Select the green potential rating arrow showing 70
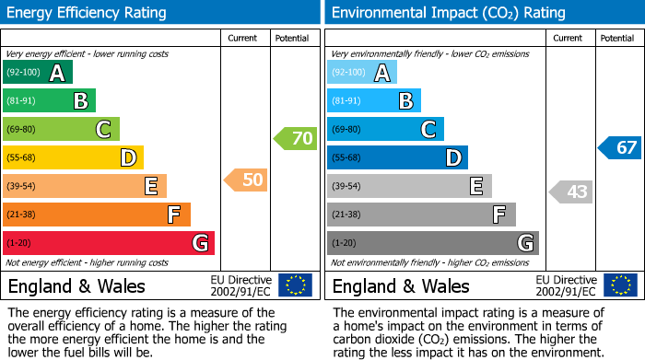(x=296, y=139)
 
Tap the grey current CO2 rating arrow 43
(x=571, y=192)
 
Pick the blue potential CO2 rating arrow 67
(x=620, y=147)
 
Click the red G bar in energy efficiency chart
(x=109, y=243)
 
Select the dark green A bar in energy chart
(x=37, y=73)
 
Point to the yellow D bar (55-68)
(x=73, y=157)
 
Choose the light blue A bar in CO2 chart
(x=362, y=73)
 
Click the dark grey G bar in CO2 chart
(x=432, y=243)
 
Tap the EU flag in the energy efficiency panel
(x=295, y=285)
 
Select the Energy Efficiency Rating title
(x=88, y=13)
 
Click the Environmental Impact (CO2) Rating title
(x=448, y=13)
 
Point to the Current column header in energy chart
(x=243, y=38)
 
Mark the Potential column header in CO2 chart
(x=616, y=38)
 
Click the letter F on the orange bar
(x=173, y=215)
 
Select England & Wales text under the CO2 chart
(x=401, y=285)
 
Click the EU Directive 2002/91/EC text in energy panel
(x=240, y=285)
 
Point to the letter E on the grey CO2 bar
(x=476, y=186)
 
